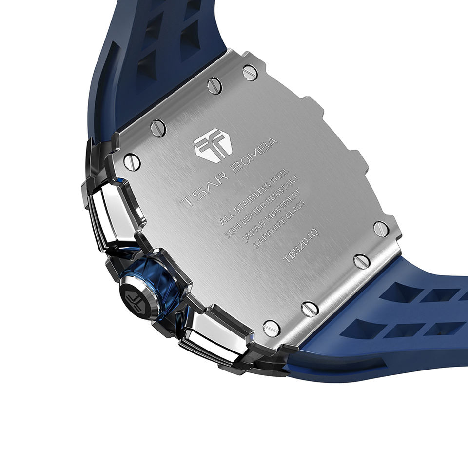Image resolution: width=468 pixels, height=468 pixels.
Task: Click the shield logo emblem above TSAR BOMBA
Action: point(213,145)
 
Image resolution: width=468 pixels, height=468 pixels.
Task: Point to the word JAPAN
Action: point(249,235)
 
